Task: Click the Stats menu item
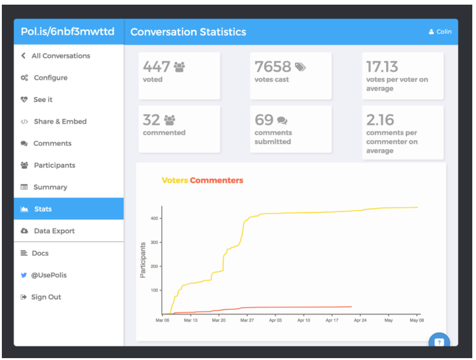(43, 209)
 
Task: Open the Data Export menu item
(54, 231)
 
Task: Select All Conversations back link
(61, 56)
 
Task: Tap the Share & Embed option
(60, 121)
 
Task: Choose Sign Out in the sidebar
(46, 297)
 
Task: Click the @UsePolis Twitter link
(48, 275)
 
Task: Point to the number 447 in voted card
(156, 67)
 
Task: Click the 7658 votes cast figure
(272, 67)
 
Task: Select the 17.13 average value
(382, 67)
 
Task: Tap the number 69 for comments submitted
(264, 120)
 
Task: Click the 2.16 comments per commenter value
(380, 120)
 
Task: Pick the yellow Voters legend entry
(175, 180)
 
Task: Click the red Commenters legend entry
(217, 180)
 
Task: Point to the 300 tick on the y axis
(154, 242)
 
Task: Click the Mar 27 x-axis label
(247, 320)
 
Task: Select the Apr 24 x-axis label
(360, 320)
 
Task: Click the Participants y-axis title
(143, 260)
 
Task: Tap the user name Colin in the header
(440, 32)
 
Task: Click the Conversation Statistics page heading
(188, 32)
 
